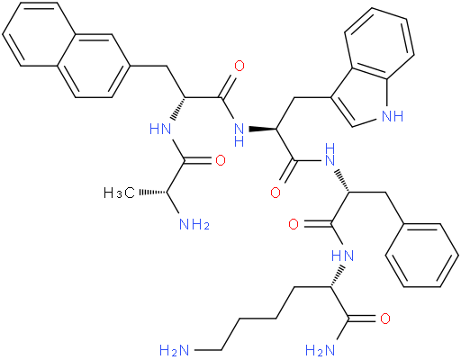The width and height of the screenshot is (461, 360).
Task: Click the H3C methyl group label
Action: (120, 193)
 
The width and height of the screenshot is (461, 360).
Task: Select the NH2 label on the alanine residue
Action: (194, 224)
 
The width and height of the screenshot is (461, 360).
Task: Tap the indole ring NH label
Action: (393, 116)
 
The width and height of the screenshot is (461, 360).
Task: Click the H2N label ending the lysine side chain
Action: (175, 350)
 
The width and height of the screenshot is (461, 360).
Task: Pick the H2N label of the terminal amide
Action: (320, 350)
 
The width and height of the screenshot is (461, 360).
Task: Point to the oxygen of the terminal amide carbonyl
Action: (385, 319)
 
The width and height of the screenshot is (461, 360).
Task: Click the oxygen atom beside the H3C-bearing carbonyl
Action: (221, 160)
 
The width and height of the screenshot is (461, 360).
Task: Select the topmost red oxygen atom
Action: (240, 66)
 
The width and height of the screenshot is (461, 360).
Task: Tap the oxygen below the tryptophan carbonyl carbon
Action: (276, 193)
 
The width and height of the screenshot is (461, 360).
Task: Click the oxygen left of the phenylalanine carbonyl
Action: (294, 224)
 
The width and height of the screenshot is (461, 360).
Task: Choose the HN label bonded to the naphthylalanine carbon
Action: (160, 130)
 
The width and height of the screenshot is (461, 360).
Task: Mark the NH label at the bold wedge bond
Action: (239, 135)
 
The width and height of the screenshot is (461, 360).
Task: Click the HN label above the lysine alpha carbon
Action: (343, 256)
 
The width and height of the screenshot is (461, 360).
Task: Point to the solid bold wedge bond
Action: (262, 130)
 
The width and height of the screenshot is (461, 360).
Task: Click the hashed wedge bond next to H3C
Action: (152, 193)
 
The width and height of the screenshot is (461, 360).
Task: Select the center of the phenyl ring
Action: (422, 256)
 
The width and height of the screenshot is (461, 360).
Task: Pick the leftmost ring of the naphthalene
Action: (39, 34)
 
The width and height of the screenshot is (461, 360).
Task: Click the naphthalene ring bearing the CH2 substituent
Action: (94, 66)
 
